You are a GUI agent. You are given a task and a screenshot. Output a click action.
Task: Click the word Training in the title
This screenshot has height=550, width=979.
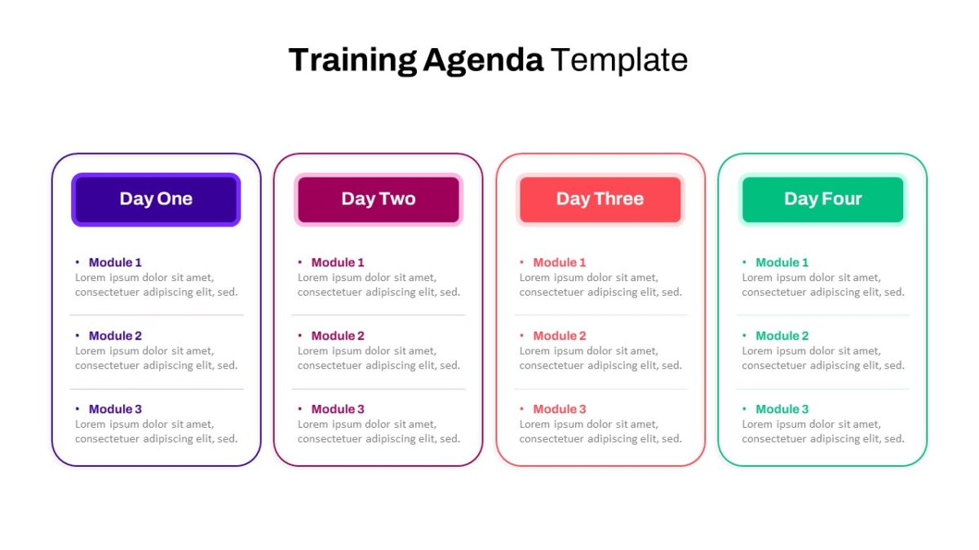tap(352, 60)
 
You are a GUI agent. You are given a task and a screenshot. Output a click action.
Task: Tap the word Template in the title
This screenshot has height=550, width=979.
tap(619, 59)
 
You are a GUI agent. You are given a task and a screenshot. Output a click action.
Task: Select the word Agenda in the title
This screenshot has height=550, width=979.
tap(483, 61)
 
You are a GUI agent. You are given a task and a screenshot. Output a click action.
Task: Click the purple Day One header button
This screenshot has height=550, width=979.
tap(156, 200)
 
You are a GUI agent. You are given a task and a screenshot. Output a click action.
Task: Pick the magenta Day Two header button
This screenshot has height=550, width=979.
tap(379, 200)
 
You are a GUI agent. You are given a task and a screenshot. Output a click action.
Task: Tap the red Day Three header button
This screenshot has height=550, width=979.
tap(600, 200)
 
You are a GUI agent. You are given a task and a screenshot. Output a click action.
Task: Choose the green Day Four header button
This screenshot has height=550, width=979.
tap(823, 200)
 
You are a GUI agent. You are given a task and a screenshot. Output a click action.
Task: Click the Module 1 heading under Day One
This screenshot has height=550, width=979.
tap(115, 262)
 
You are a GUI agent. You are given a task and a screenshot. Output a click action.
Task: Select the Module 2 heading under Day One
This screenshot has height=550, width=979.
tap(115, 336)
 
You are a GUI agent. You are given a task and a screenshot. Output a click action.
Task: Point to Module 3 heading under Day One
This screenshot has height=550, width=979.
tap(115, 409)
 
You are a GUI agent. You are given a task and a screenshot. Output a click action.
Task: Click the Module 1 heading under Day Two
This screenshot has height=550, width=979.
tap(338, 262)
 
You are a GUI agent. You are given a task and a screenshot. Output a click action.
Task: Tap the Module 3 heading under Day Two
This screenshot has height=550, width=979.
tap(338, 409)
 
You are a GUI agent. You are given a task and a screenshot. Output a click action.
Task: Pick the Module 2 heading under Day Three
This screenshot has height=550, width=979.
tap(560, 336)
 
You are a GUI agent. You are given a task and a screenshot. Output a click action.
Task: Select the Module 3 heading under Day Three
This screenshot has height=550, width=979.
tap(560, 409)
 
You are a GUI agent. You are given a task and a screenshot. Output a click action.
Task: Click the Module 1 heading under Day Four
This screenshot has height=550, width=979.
tap(782, 262)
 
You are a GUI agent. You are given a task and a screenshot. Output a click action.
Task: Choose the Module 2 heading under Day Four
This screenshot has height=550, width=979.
tap(782, 336)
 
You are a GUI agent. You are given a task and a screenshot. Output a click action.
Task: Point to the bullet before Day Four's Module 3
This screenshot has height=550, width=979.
tap(744, 408)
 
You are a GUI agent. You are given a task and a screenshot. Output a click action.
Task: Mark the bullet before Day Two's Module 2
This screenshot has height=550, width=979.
tap(300, 335)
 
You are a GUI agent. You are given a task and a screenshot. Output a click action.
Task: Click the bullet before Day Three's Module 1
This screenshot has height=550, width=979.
tap(521, 262)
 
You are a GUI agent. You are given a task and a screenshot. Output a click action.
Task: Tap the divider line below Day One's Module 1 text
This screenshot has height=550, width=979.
tap(157, 315)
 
